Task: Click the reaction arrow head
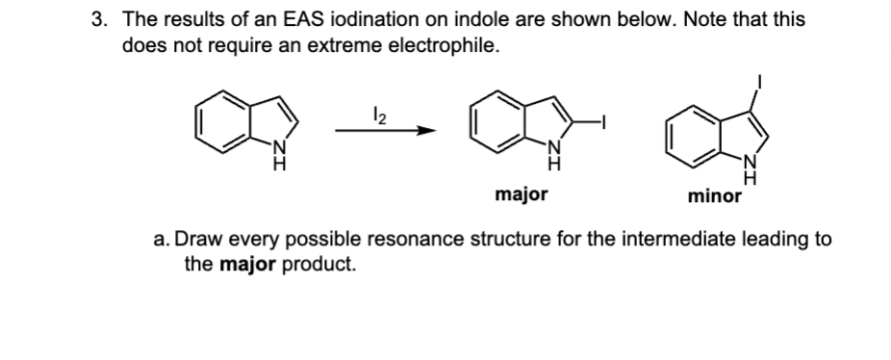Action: [x=420, y=132]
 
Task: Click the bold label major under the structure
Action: [x=521, y=195]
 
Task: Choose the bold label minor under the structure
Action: [x=715, y=197]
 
